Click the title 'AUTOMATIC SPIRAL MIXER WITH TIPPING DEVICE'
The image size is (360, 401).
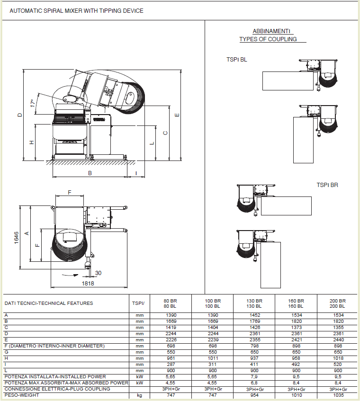coord(76,11)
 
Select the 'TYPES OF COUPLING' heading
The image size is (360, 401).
coord(268,39)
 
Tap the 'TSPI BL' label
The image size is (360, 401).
coord(236,60)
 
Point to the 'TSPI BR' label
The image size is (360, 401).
coord(327,185)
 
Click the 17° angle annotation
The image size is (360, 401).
coord(33,103)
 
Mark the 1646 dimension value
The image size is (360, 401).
coord(17,238)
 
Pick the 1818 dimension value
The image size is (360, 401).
coord(88,284)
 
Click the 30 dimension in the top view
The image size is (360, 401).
coord(98,273)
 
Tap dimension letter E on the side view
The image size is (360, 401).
coord(177,115)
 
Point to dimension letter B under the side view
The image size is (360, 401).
coord(90,173)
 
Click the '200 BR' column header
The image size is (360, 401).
coord(338,301)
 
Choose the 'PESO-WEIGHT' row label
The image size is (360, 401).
coord(22,395)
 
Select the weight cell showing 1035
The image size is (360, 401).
coord(338,395)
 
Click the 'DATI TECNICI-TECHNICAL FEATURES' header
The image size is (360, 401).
coord(49,303)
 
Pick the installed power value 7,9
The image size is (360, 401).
coord(254,376)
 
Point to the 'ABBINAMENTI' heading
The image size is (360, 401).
coord(271,31)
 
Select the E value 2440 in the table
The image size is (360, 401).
coord(338,339)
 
